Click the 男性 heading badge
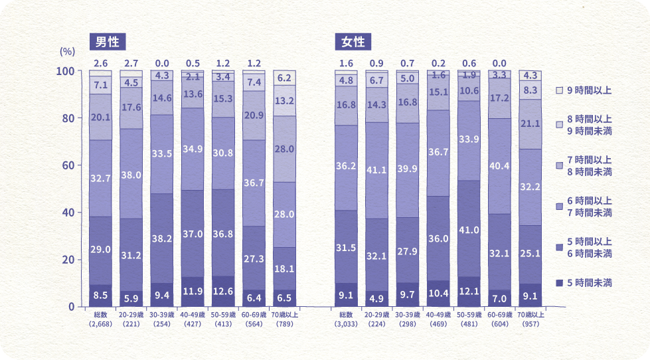107,42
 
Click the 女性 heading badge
353,42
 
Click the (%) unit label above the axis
68,51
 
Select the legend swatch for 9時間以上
559,90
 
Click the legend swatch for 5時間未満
559,283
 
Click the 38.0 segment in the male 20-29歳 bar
131,176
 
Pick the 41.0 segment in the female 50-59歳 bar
469,229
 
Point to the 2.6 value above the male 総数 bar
100,63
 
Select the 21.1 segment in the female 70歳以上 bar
530,124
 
